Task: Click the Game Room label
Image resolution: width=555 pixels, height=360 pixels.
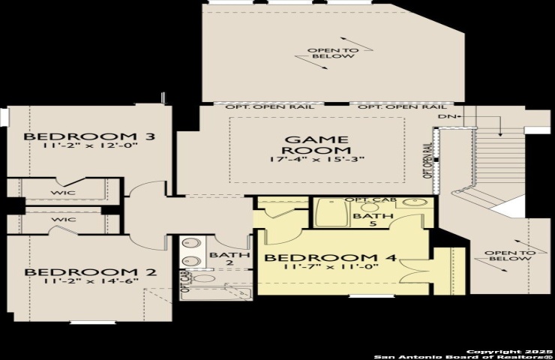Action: point(316,145)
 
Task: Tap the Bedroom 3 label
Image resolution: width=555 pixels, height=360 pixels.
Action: point(89,136)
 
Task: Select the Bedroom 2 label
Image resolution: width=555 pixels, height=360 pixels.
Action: point(90,272)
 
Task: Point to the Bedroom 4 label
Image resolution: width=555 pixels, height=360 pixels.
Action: point(330,257)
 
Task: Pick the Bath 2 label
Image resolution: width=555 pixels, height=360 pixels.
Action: point(229,259)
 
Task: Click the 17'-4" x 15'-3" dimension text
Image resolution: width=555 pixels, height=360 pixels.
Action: point(316,159)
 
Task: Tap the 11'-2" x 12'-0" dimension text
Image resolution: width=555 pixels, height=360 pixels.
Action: point(89,145)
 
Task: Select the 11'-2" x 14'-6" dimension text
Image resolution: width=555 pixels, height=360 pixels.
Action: point(90,281)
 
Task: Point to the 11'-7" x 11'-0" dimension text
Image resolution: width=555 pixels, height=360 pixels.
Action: point(331,266)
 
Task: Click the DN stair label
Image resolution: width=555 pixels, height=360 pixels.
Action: point(445,116)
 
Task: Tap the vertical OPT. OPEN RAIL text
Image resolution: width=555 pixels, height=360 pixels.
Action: point(427,160)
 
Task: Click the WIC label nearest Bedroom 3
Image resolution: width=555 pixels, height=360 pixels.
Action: point(63,193)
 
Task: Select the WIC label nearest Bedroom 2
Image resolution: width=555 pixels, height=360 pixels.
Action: point(64,220)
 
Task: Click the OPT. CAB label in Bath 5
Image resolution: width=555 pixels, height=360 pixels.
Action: point(370,199)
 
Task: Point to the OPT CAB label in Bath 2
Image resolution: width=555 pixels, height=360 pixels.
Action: point(185,281)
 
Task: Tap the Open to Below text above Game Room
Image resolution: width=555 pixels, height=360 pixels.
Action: point(333,53)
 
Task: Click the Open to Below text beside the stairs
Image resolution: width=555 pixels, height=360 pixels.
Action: point(510,256)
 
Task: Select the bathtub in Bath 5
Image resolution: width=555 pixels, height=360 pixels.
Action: point(332,213)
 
